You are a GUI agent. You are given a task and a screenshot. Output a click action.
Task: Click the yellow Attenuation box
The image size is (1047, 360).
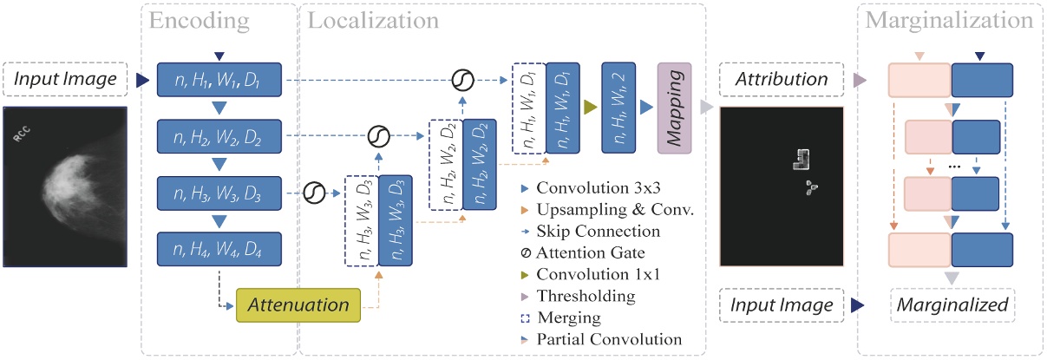[x=299, y=305]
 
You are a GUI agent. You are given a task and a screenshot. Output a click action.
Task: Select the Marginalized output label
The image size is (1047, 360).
[x=952, y=305]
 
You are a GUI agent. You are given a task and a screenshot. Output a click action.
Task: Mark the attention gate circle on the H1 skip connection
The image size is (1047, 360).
[x=462, y=81]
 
